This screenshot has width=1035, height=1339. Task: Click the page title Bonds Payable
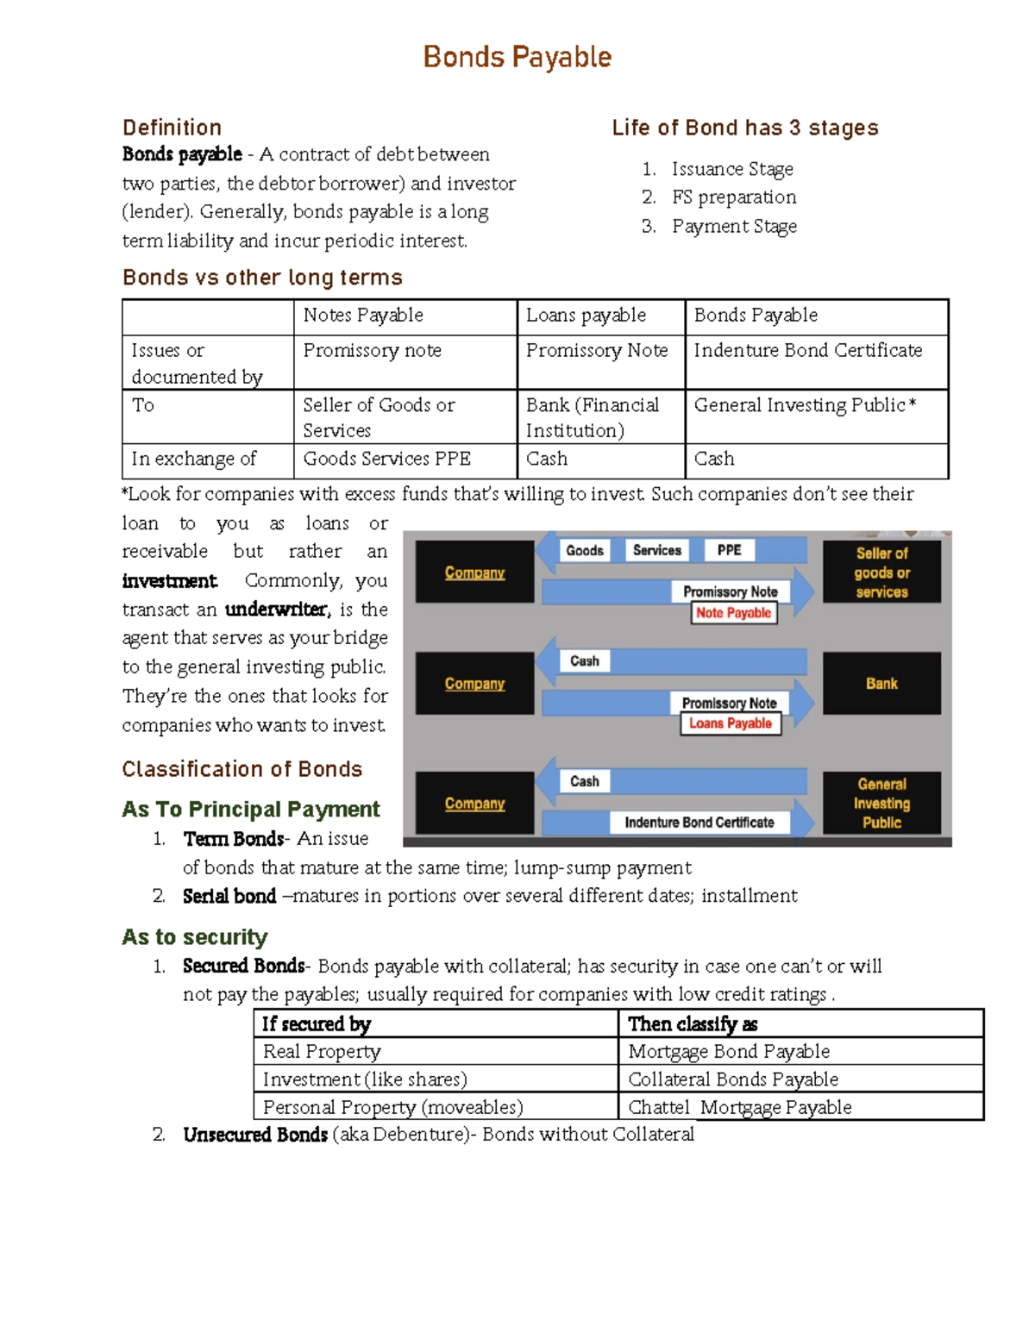(x=517, y=58)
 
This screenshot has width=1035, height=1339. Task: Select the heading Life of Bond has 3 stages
(x=744, y=128)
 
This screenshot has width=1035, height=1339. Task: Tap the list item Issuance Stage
(x=731, y=169)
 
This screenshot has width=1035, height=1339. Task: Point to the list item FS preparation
(x=733, y=197)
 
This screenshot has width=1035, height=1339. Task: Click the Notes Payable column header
(x=363, y=316)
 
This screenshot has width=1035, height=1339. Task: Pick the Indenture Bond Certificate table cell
(x=807, y=350)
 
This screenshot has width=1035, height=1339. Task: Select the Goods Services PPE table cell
(x=386, y=459)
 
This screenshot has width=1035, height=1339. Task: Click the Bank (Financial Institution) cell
(x=593, y=417)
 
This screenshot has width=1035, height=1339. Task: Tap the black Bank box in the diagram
(x=881, y=683)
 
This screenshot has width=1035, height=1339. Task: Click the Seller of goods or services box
(x=881, y=572)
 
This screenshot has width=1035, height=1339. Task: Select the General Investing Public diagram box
(x=881, y=803)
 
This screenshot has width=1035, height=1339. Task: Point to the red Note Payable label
(x=733, y=613)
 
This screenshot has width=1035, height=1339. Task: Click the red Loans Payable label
(x=730, y=723)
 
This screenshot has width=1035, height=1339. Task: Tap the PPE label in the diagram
(x=729, y=550)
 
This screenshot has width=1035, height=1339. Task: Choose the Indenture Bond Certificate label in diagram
(x=699, y=823)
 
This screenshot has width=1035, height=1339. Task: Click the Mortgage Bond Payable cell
(x=729, y=1051)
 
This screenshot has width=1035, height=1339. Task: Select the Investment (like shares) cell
(x=365, y=1079)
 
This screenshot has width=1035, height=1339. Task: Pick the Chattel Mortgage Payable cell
(x=739, y=1107)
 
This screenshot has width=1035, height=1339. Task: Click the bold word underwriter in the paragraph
(x=277, y=610)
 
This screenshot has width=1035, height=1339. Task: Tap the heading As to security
(x=195, y=937)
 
